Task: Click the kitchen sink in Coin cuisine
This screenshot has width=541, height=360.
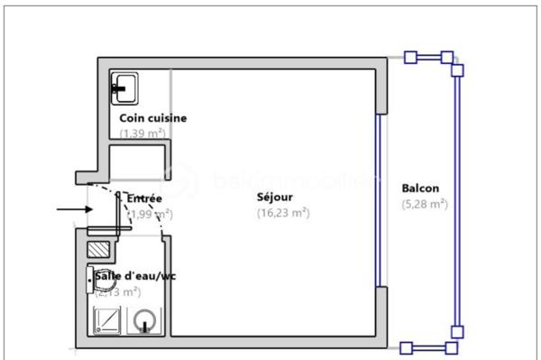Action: [124, 87]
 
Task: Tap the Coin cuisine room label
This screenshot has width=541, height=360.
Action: [152, 118]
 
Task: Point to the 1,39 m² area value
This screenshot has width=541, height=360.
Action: [142, 133]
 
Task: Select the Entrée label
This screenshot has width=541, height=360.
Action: [144, 198]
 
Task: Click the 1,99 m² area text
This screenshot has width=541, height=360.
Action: [150, 214]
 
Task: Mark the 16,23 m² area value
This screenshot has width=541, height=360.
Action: [282, 213]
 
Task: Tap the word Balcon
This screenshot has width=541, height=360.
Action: [420, 189]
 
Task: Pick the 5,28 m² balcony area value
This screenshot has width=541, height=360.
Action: [425, 204]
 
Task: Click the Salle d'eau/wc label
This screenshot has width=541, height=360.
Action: [135, 276]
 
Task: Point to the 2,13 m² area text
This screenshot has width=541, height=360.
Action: [117, 291]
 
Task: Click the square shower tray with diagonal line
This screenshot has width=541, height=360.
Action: [106, 320]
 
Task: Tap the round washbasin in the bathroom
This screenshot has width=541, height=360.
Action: [144, 320]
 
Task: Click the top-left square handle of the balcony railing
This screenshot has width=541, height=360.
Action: [409, 59]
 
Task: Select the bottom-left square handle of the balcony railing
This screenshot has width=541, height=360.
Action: [406, 347]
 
